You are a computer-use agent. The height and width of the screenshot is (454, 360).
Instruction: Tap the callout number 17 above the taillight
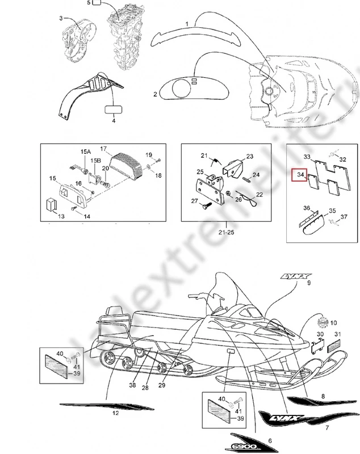click(x=104, y=149)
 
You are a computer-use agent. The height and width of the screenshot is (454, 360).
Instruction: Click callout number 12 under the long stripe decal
click(x=115, y=413)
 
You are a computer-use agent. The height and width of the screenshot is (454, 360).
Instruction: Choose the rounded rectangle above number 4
click(x=112, y=108)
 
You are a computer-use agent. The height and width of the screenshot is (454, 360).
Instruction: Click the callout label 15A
click(x=85, y=152)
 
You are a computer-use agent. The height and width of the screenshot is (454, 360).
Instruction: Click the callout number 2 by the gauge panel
click(x=155, y=94)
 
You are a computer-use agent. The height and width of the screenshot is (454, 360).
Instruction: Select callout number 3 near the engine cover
click(x=61, y=19)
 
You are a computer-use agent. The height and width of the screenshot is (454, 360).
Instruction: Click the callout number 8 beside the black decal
click(x=323, y=396)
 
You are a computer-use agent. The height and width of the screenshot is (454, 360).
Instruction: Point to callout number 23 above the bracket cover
click(x=249, y=155)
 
